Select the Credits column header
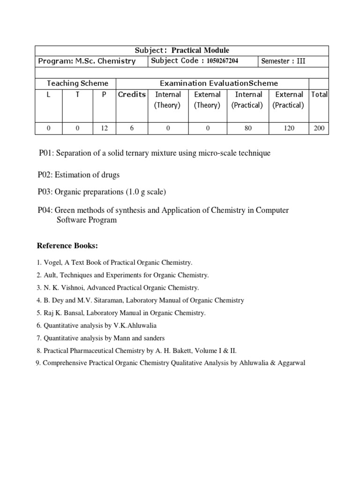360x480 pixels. tap(132, 95)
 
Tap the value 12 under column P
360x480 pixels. tap(104, 127)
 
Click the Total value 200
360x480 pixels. tap(319, 127)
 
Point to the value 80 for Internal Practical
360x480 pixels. tap(248, 127)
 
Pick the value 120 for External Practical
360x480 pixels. tap(289, 127)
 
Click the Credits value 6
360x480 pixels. tap(132, 127)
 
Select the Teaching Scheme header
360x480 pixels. tap(77, 83)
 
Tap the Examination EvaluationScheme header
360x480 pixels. tap(219, 83)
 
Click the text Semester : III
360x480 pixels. tap(283, 61)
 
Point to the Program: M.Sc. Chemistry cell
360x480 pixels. tap(87, 61)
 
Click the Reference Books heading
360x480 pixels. tap(67, 246)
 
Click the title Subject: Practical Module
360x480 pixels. tap(182, 50)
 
